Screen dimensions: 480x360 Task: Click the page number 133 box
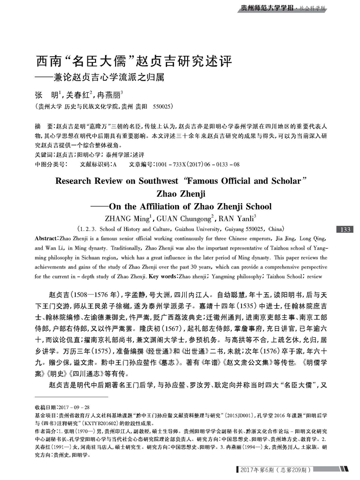(x=345, y=229)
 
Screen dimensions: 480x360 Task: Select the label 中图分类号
(x=47, y=165)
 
